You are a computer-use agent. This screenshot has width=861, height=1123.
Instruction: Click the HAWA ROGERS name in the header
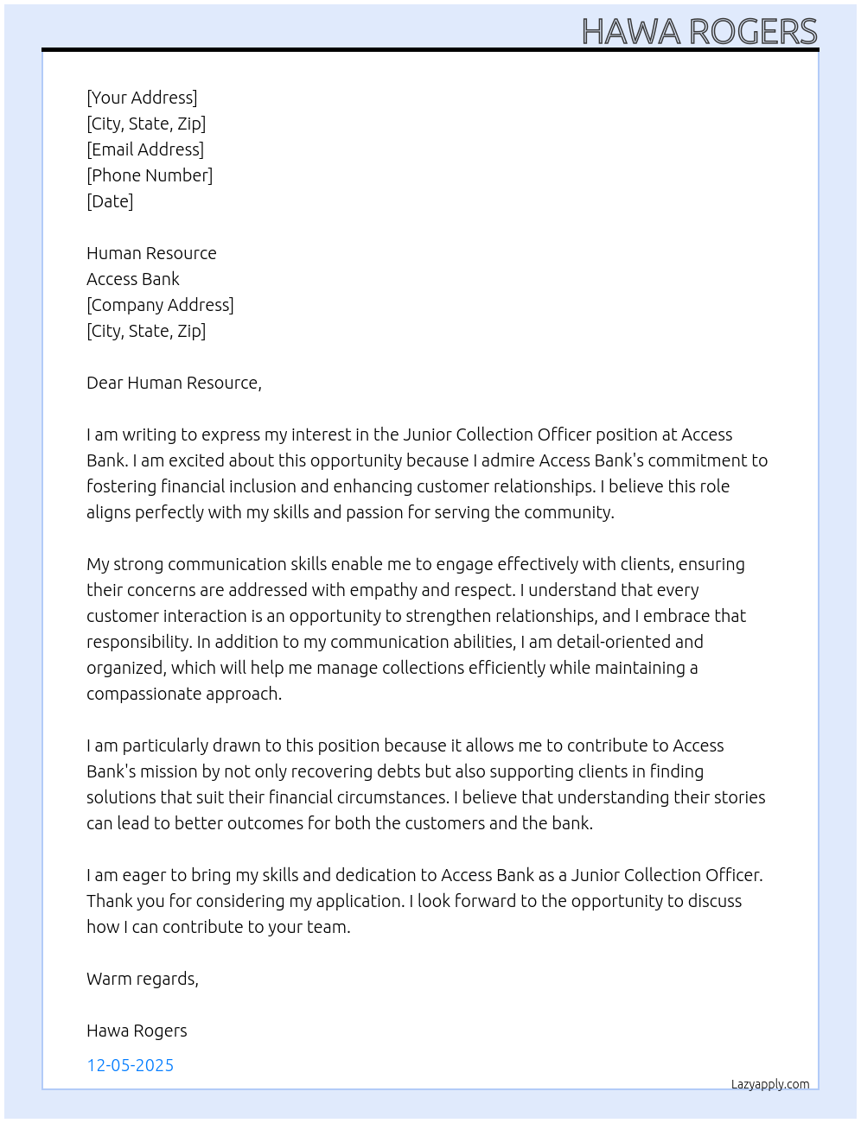coord(698,31)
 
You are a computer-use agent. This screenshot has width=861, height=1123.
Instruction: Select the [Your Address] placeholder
coord(142,98)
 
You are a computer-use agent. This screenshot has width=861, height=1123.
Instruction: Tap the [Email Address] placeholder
coord(145,149)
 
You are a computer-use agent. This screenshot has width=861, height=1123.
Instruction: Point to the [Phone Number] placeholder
coord(150,175)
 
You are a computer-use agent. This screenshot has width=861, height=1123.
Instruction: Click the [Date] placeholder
coord(110,201)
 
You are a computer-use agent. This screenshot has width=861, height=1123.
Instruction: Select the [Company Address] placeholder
coord(160,305)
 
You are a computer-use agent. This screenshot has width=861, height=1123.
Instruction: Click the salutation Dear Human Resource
coord(174,383)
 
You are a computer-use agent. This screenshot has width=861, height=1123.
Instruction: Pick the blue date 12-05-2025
coord(131,1065)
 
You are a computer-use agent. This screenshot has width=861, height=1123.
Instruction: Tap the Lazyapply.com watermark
coord(770,1084)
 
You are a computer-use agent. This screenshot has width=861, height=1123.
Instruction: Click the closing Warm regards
coord(143,979)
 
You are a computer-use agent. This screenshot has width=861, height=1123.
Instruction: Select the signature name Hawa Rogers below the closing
coord(137,1031)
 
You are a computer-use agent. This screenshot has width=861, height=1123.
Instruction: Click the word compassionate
coord(132,694)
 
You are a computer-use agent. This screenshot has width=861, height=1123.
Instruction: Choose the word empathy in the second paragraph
coord(386,590)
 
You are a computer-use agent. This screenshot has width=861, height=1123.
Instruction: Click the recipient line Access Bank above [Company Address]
coord(133,279)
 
